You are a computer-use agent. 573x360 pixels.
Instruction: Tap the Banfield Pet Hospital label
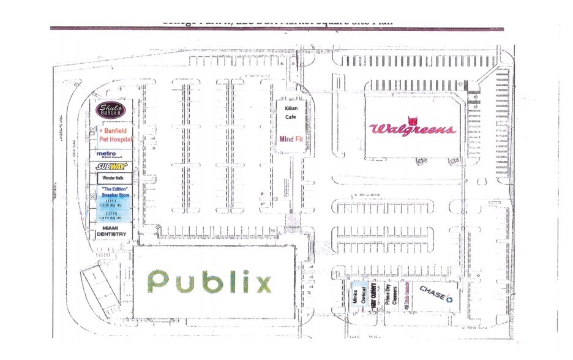pos(114,135)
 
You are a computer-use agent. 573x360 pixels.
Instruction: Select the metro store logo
pos(108,155)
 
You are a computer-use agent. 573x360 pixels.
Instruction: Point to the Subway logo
pos(111,166)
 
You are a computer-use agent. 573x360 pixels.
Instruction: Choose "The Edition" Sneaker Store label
pos(114,191)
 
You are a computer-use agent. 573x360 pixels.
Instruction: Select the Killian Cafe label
pos(291,113)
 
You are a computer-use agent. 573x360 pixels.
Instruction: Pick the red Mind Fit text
pos(291,139)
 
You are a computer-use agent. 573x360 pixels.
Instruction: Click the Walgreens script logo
pos(412,129)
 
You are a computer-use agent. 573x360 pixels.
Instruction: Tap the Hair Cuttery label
pos(375,298)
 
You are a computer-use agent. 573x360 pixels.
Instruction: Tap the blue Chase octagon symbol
pos(449,299)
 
